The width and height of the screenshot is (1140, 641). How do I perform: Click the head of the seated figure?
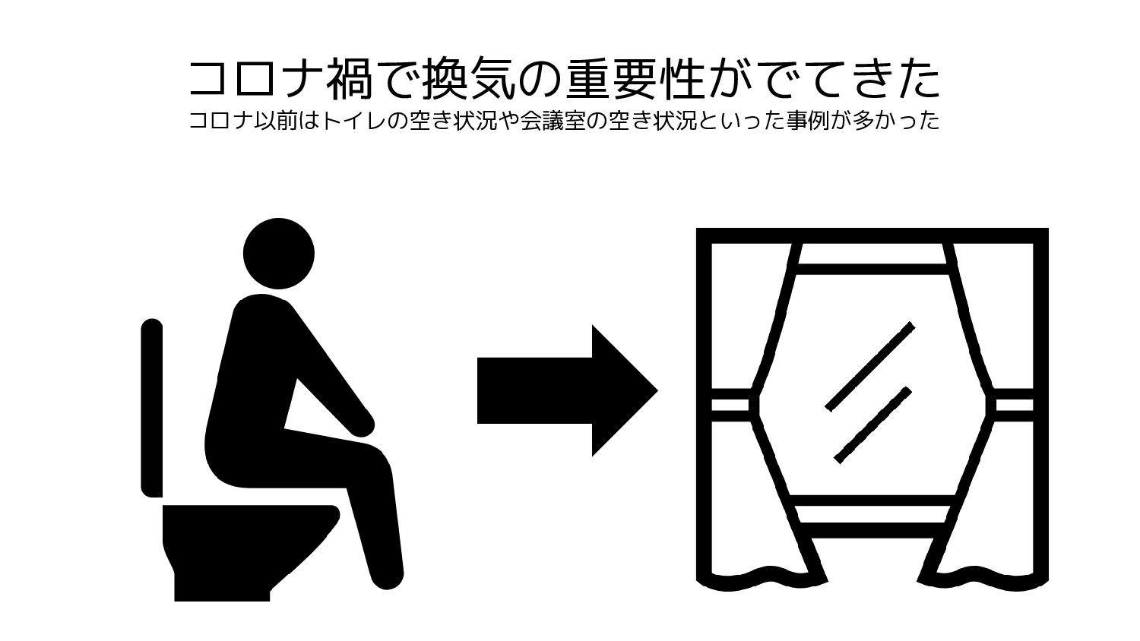[278, 254]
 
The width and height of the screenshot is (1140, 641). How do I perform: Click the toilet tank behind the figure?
[152, 408]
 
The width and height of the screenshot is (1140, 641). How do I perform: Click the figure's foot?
[388, 575]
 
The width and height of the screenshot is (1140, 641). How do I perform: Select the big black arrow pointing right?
[567, 390]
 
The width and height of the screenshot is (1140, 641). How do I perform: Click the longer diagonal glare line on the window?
[869, 366]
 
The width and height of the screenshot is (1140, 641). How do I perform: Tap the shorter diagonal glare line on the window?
[872, 425]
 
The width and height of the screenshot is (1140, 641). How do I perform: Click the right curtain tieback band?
[1014, 405]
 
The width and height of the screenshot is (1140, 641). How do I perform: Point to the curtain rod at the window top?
[872, 235]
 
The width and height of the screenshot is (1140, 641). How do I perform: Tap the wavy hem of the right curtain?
[982, 581]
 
